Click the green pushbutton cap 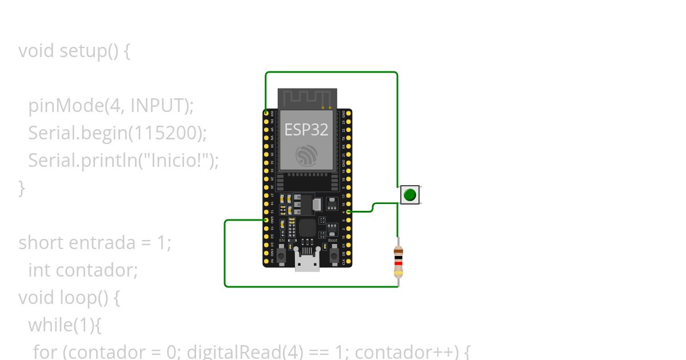pyautogui.click(x=409, y=195)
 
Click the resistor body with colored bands pyautogui.click(x=398, y=261)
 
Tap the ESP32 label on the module pyautogui.click(x=306, y=130)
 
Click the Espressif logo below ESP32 pyautogui.click(x=306, y=155)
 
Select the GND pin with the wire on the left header pyautogui.click(x=266, y=220)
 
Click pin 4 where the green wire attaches pyautogui.click(x=349, y=212)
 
